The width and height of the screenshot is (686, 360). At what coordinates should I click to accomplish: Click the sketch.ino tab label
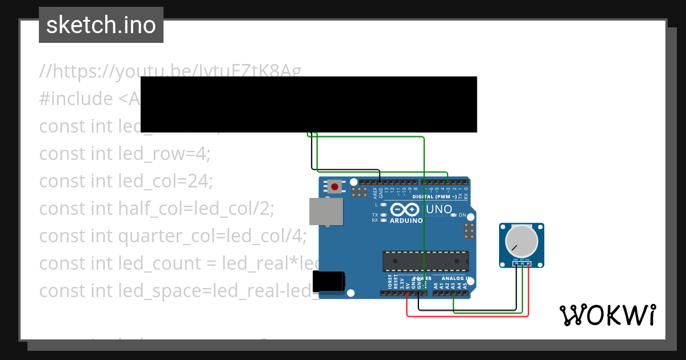click(x=101, y=25)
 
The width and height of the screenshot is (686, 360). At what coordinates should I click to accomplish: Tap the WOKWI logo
click(x=607, y=315)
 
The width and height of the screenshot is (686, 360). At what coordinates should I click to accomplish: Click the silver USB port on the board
click(x=325, y=211)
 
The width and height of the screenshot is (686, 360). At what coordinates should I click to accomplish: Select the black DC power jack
click(x=329, y=282)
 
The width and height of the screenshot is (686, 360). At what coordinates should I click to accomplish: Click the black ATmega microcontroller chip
click(x=425, y=261)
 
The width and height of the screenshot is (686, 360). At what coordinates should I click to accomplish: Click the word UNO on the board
click(x=438, y=209)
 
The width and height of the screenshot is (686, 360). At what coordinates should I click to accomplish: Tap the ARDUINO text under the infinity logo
click(x=406, y=221)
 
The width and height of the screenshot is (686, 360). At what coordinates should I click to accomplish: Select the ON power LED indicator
click(x=454, y=215)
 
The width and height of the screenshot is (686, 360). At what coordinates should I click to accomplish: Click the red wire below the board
click(x=466, y=315)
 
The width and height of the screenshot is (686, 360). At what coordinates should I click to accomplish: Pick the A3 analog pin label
click(x=453, y=284)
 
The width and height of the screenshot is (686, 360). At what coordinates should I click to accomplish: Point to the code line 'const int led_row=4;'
click(x=125, y=154)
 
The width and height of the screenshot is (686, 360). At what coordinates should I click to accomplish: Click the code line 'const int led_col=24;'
click(x=126, y=181)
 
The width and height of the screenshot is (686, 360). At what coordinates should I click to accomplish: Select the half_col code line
click(x=157, y=209)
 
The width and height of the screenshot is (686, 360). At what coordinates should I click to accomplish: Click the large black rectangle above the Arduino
click(x=309, y=105)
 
